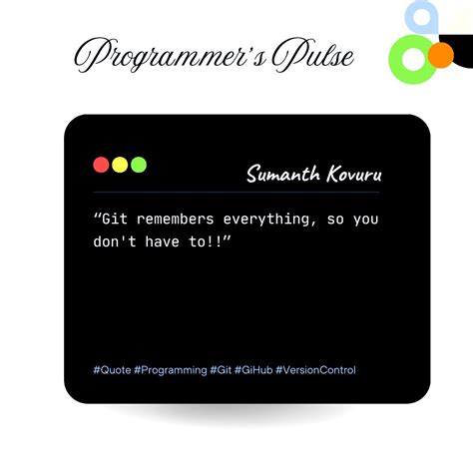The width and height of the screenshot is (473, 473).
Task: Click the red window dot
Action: point(101,165)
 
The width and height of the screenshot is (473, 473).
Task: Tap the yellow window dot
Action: point(120,165)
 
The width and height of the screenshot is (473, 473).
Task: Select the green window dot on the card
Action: point(139,165)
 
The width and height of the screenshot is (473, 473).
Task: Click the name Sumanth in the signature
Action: point(282,176)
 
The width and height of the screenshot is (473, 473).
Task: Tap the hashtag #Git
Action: point(222,370)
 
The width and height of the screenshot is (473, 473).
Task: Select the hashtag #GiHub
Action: point(253,370)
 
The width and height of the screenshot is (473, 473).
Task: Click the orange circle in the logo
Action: point(439,54)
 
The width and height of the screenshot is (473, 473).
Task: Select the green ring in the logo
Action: point(408,59)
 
